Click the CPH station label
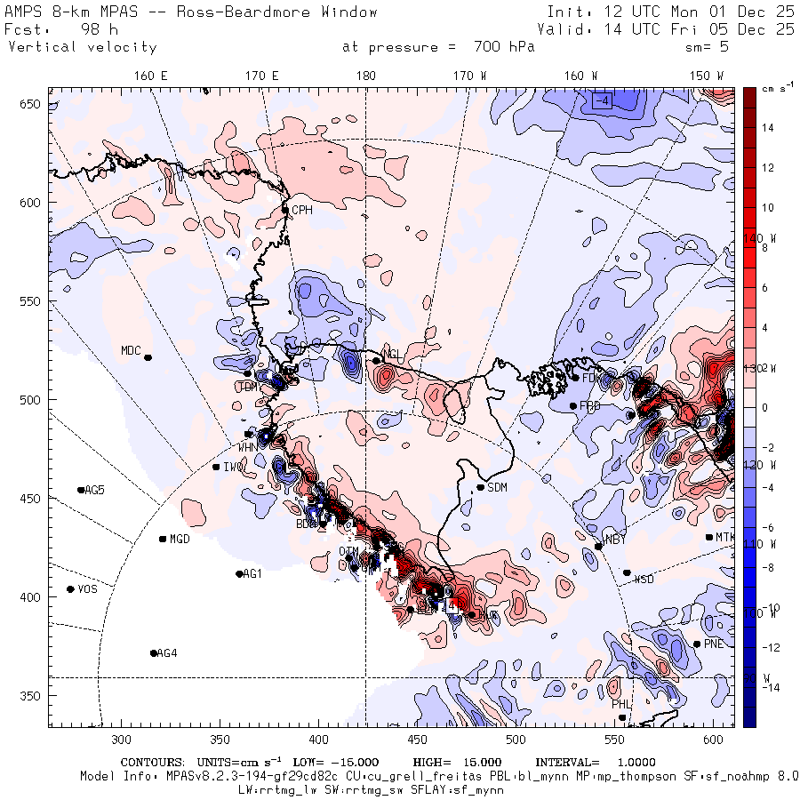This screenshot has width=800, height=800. click(x=303, y=210)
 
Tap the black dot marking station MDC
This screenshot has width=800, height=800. click(x=148, y=357)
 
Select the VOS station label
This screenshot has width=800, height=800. click(x=87, y=589)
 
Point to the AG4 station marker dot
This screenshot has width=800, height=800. click(x=154, y=653)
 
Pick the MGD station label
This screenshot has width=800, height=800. click(x=180, y=539)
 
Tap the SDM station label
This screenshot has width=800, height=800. click(x=498, y=487)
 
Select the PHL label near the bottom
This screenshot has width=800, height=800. click(x=620, y=704)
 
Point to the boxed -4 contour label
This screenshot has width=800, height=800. click(x=603, y=100)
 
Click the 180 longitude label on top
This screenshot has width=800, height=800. click(x=365, y=76)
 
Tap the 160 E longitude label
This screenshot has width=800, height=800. click(x=151, y=76)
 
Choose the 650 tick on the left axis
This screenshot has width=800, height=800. click(x=32, y=105)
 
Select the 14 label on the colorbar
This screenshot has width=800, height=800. click(x=767, y=128)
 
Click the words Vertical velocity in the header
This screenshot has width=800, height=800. click(x=82, y=47)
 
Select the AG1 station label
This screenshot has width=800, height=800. click(x=253, y=574)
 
